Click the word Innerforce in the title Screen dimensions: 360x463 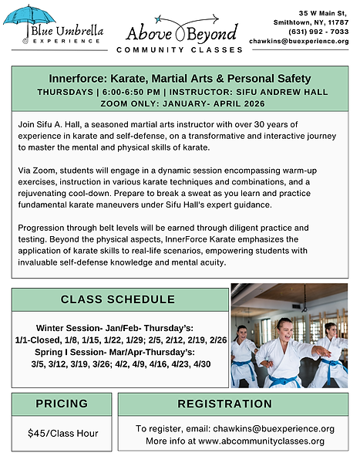pyautogui.click(x=73, y=79)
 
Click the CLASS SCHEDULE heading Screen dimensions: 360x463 pyautogui.click(x=118, y=299)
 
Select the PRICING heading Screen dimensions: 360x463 pyautogui.click(x=62, y=404)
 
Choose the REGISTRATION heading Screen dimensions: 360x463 pyautogui.click(x=234, y=404)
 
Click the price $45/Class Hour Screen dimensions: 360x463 pyautogui.click(x=63, y=433)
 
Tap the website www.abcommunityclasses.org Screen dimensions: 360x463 pyautogui.click(x=266, y=441)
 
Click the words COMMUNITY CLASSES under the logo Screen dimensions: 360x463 pyautogui.click(x=180, y=50)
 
